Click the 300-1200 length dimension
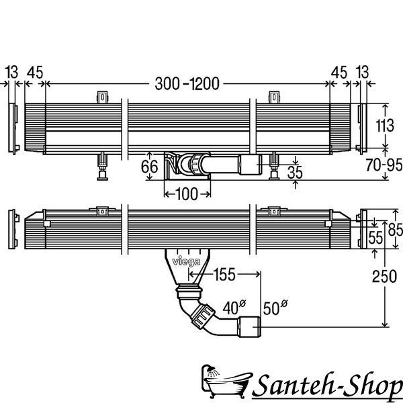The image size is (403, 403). pos(187,83)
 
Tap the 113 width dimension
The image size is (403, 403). pos(385,126)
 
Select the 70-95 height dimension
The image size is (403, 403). pos(384,165)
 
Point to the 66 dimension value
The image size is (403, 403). pos(149,167)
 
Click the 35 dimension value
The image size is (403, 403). pos(295,173)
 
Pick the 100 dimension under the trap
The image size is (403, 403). pos(187,194)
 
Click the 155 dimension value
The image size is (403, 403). pos(224,274)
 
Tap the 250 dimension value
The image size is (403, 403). pos(384,277)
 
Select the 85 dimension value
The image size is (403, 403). pos(396,230)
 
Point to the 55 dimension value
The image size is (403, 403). pos(375,238)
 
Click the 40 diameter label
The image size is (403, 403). pos(234,308)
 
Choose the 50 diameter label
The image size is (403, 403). pos(275,308)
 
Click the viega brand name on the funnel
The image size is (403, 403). pos(186,262)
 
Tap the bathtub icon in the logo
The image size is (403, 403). pos(226,382)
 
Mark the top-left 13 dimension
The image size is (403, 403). pos(12,72)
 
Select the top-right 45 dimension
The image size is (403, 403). pos(339,73)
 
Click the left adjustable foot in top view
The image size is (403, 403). pos(102,166)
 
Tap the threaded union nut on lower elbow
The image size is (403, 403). pos(202,316)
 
